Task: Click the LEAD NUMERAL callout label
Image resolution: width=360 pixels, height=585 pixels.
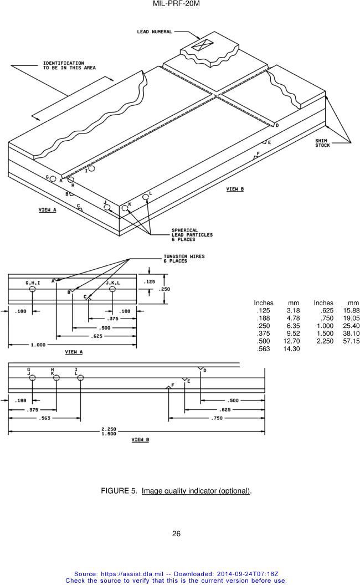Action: click(155, 32)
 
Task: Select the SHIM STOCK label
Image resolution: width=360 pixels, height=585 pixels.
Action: click(323, 143)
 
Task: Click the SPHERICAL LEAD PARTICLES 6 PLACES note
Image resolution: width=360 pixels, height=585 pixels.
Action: click(192, 235)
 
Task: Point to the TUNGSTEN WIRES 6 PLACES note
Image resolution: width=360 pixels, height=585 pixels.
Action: click(184, 259)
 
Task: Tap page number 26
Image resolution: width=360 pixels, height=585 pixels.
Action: click(176, 534)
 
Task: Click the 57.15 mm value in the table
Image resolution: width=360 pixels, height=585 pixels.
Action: click(351, 341)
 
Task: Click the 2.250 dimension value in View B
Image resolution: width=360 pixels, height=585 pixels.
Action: click(109, 429)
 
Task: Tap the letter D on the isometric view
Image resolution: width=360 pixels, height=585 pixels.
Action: click(277, 126)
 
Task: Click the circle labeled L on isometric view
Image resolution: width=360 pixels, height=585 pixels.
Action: click(146, 196)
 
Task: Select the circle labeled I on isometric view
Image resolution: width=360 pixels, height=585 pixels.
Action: click(92, 168)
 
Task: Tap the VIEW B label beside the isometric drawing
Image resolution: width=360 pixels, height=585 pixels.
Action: click(235, 189)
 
